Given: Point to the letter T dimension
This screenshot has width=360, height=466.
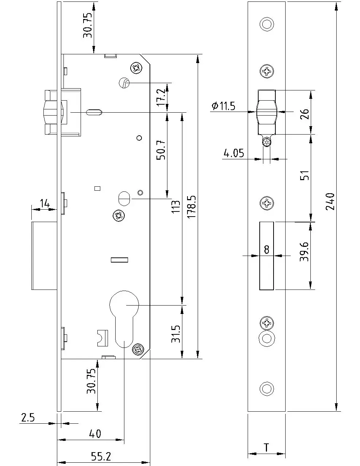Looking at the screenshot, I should point(267,447).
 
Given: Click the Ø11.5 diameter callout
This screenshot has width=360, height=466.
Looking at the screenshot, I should point(224,106).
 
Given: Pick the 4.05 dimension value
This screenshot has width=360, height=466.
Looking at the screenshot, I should point(234,154).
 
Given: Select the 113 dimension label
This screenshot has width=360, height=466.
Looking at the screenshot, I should point(176,207).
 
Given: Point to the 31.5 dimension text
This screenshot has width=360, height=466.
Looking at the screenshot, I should point(176,334).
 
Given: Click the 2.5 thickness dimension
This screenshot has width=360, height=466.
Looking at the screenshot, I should point(28,418).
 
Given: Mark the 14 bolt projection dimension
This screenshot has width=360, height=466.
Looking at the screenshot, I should point(44,203).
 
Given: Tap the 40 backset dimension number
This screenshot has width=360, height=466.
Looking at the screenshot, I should point(95,434).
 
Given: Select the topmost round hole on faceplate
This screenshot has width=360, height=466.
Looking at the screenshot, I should point(267,24).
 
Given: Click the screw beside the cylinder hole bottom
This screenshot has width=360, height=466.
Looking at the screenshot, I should point(138,349).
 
